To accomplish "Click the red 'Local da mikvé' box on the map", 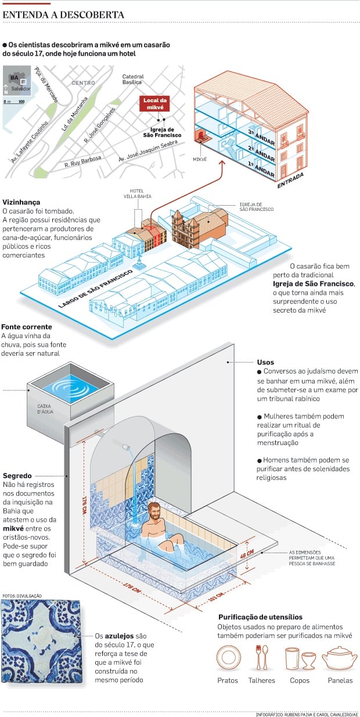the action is [155, 103].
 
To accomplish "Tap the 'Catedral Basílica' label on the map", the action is [133, 80].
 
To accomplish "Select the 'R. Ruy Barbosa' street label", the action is [83, 162].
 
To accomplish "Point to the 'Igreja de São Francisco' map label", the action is [162, 132].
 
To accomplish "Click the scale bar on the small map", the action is [14, 102].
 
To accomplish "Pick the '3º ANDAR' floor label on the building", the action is [261, 137].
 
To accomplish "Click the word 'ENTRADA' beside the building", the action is [290, 180].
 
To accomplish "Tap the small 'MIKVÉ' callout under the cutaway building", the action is [200, 159].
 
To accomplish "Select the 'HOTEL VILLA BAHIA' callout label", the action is [137, 193].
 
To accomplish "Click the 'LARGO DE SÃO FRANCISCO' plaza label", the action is [95, 289].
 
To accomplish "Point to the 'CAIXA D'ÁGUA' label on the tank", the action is [45, 408].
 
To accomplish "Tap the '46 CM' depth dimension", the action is [247, 554].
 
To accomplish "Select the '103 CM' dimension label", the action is [217, 597].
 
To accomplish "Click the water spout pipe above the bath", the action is [126, 446].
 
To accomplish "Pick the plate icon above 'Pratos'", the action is [228, 658].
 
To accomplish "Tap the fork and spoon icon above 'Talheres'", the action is [262, 658].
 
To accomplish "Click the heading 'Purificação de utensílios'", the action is [261, 617].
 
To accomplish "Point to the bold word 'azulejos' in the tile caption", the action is [119, 636].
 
